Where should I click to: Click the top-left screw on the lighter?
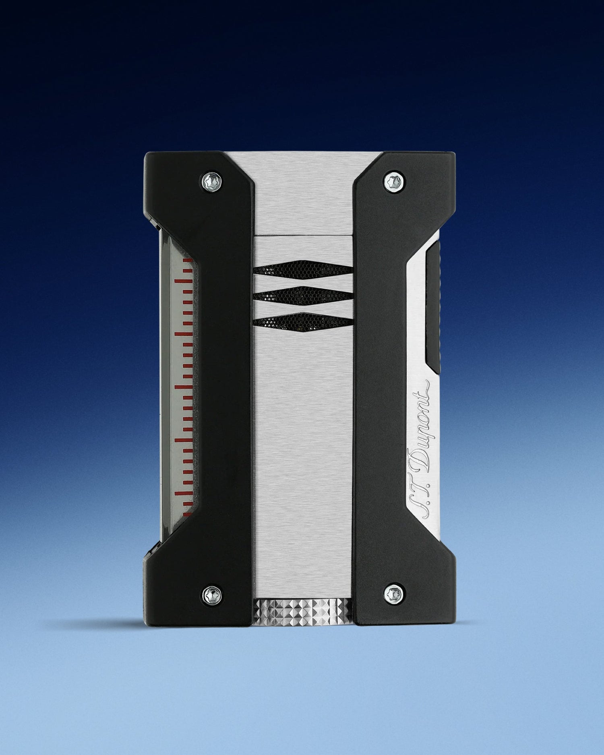pyautogui.click(x=212, y=180)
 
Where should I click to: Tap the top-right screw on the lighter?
pyautogui.click(x=392, y=180)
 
